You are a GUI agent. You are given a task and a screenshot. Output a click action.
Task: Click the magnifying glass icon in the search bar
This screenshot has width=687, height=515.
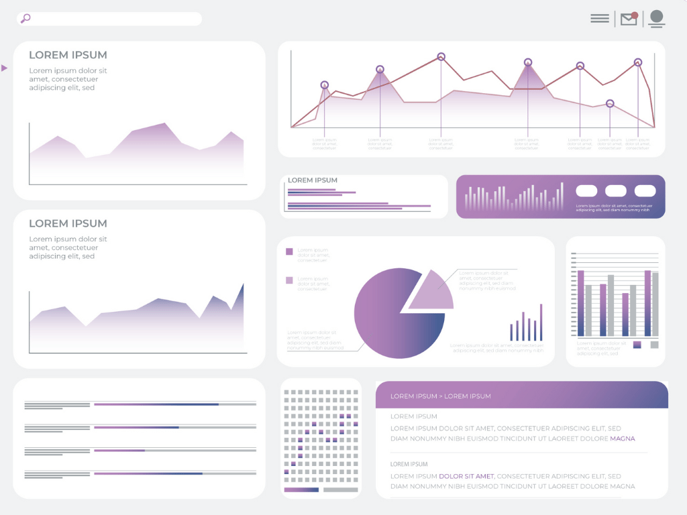(25, 19)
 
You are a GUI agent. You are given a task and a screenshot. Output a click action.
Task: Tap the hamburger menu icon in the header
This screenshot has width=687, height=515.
(600, 19)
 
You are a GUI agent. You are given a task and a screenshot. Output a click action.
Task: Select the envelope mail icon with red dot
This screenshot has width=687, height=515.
(629, 19)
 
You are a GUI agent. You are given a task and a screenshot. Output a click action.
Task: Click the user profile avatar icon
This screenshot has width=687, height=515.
(657, 19)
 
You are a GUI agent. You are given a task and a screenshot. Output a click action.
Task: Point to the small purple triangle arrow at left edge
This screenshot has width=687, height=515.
(5, 68)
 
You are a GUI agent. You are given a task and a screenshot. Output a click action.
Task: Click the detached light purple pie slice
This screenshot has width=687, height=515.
(433, 292)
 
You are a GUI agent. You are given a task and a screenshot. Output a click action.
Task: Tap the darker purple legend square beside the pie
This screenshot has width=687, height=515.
(289, 251)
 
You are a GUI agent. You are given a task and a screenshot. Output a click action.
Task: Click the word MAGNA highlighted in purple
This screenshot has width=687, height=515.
(622, 439)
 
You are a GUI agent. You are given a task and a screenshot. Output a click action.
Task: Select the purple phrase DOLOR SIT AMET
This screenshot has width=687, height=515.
(466, 476)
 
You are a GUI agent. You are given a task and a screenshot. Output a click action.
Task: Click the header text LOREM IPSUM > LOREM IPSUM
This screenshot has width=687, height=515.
(440, 396)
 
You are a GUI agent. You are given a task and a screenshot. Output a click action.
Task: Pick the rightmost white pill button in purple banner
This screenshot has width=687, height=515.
(645, 191)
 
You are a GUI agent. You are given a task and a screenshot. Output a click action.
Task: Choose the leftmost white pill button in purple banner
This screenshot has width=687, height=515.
(586, 191)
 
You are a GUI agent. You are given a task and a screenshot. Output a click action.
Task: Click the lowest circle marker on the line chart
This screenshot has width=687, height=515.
(610, 104)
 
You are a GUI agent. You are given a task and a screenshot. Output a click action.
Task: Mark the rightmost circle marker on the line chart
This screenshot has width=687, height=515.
(638, 62)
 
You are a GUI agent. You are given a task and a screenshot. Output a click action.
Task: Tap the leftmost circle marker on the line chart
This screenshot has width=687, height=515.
(325, 85)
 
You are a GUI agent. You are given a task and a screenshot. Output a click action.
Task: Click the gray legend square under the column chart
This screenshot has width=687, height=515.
(654, 345)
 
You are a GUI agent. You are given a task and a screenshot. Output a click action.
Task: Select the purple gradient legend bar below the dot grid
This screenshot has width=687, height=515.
(301, 490)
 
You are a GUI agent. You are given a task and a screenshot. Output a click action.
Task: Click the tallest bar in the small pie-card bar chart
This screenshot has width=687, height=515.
(541, 323)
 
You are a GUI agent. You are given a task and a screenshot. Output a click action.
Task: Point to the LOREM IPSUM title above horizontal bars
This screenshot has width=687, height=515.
(313, 180)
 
